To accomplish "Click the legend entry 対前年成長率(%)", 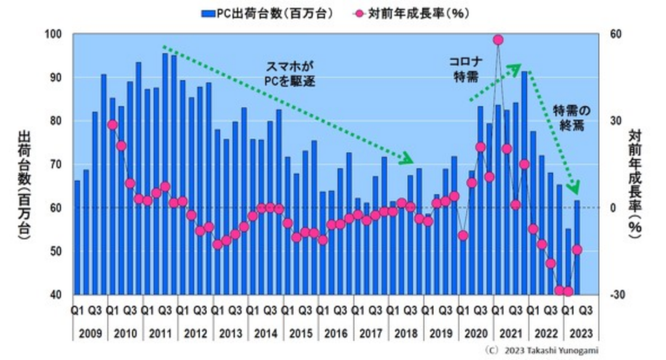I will (x=413, y=12).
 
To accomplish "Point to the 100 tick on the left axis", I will (x=55, y=33).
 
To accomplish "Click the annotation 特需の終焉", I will (x=570, y=117).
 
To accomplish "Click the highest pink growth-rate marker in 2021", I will (x=498, y=40).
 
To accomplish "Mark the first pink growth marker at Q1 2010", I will (x=112, y=125).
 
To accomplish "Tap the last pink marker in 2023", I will (x=577, y=250).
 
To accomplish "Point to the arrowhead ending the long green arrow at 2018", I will (x=408, y=160).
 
